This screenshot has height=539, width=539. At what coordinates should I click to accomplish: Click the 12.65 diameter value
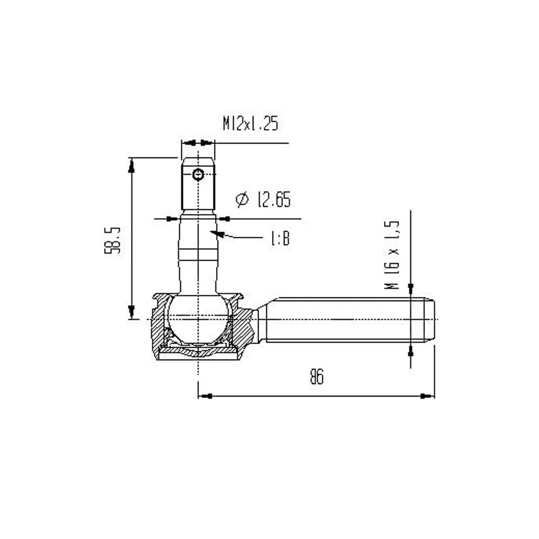[273, 199]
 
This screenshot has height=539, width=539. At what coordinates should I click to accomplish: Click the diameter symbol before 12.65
[242, 199]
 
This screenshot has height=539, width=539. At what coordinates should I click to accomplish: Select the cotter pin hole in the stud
[199, 175]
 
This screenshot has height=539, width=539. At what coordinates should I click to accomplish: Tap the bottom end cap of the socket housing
[199, 355]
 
